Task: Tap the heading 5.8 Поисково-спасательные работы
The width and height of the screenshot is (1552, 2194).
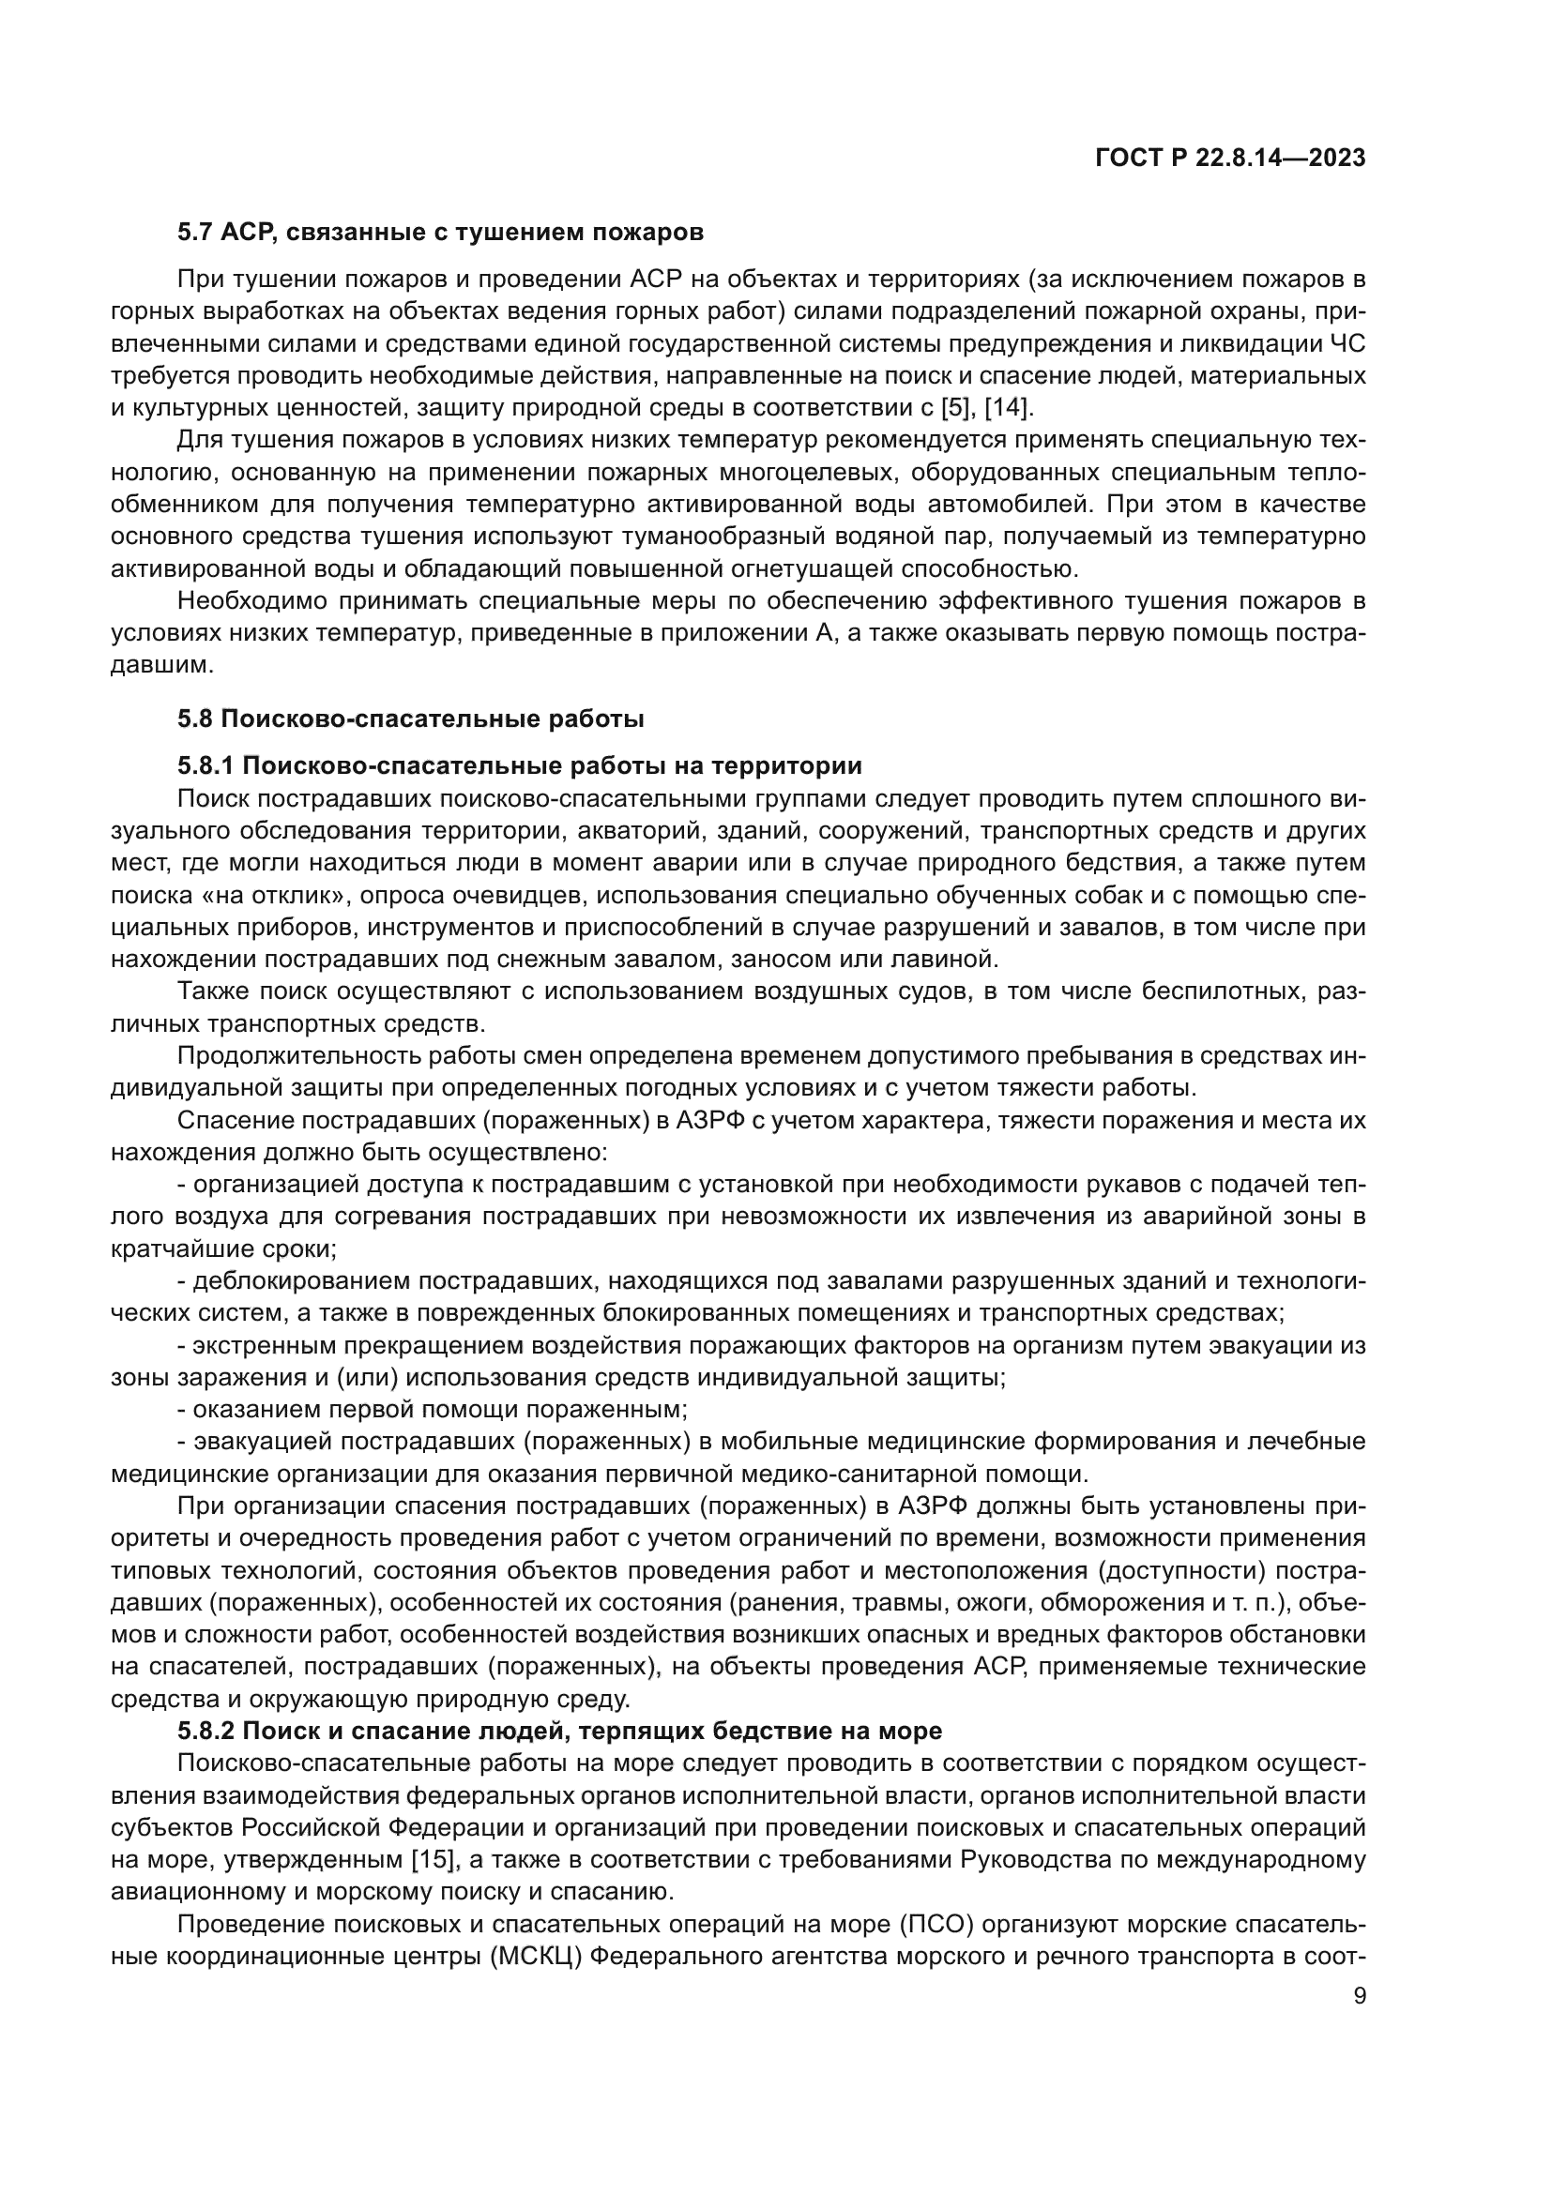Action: [411, 719]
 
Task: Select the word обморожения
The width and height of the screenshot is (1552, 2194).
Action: [1116, 1601]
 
